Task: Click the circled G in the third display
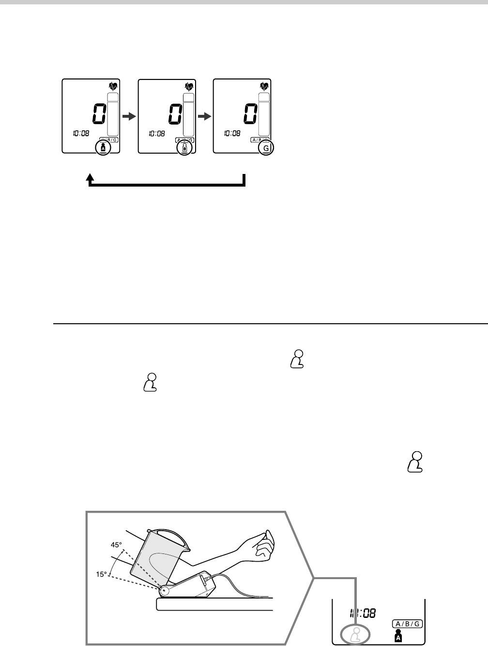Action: (266, 149)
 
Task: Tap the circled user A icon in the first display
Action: (103, 148)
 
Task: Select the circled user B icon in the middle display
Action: (184, 148)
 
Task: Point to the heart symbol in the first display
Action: (113, 87)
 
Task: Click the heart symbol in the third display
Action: (264, 87)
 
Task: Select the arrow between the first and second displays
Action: (128, 116)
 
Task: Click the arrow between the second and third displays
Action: (204, 116)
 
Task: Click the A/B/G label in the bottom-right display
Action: (406, 624)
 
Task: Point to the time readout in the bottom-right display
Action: (363, 614)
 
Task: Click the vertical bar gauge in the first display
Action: (113, 114)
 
